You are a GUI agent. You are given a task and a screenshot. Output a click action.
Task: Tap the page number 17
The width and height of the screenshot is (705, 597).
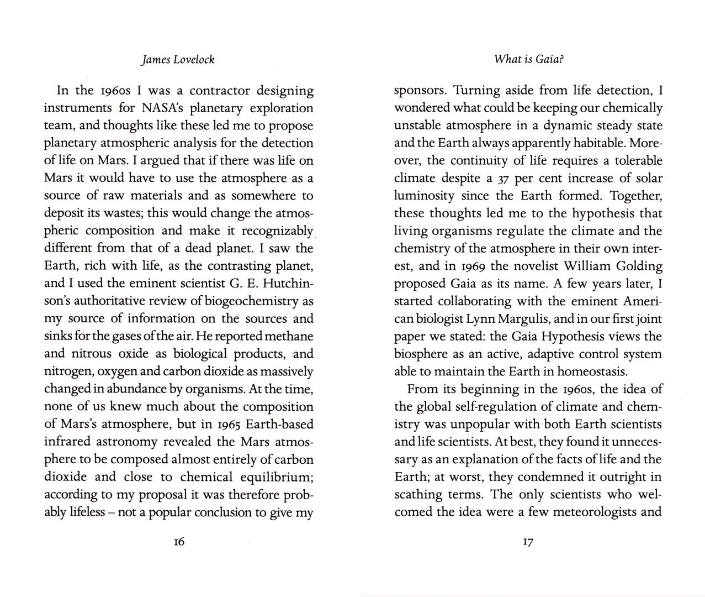[528, 542]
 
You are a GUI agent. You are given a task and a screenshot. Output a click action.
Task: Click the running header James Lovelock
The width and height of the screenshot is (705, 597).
[178, 60]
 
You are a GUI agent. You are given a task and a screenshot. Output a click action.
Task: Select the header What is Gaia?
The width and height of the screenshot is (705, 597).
[528, 59]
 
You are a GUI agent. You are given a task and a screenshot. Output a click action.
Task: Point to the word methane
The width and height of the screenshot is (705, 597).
[289, 336]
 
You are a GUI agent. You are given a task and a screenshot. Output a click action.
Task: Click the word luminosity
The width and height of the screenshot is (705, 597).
[425, 196]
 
